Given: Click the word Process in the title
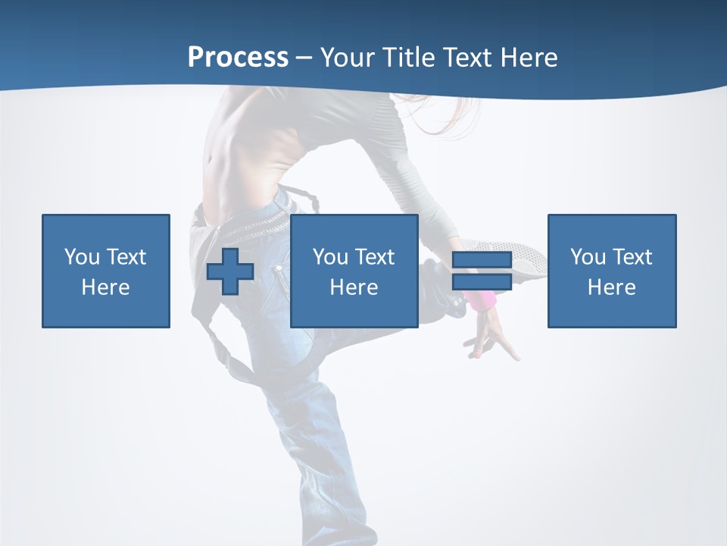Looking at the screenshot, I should [238, 58].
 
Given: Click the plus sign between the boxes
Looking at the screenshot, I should [230, 271].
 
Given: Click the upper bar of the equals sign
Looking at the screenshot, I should [482, 260].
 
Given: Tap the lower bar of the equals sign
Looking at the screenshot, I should [482, 281].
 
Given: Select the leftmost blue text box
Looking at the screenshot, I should [106, 271].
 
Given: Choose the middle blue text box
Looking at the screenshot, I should [354, 271].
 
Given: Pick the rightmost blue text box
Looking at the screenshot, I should [612, 271].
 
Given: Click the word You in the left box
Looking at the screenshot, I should [82, 257].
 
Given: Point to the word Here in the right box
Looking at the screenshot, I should [612, 287].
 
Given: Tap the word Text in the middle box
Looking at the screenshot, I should [375, 257].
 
